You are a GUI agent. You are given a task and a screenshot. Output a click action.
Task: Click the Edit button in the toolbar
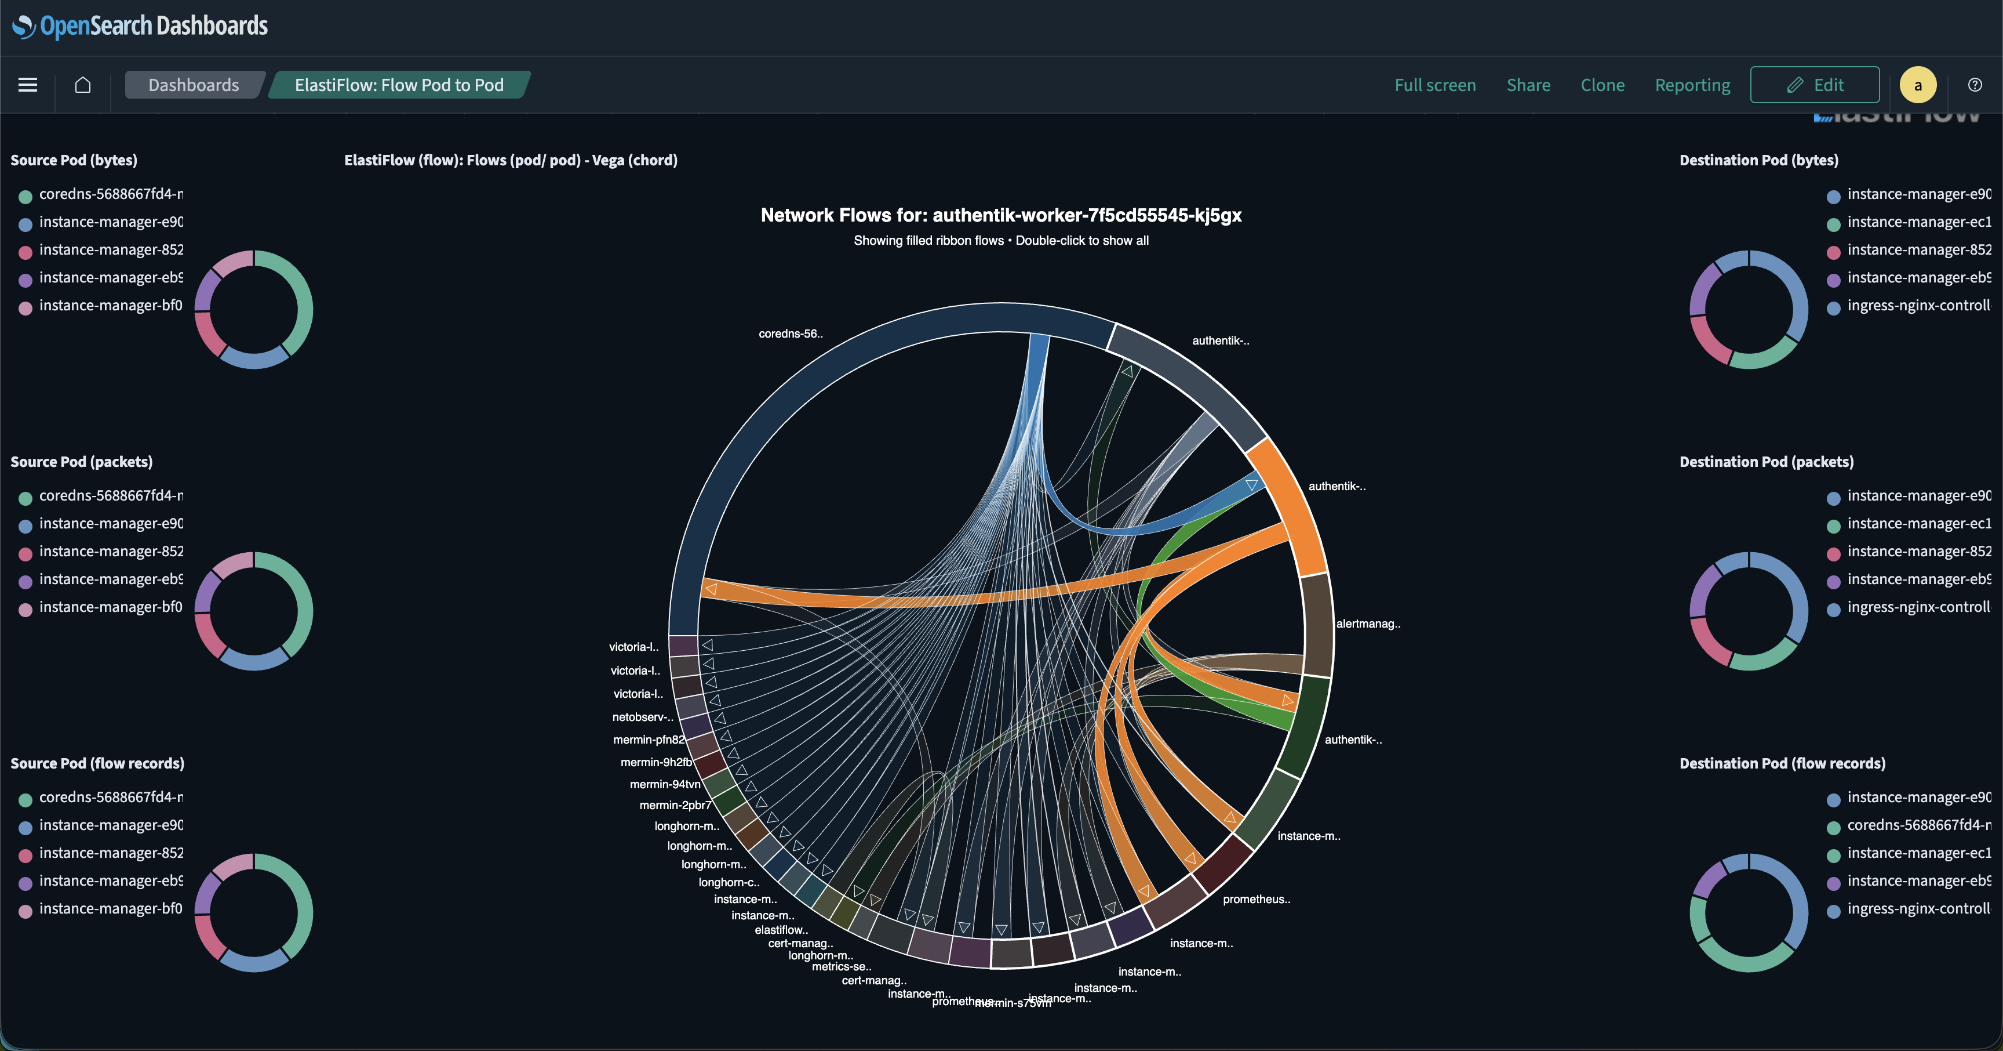1814,85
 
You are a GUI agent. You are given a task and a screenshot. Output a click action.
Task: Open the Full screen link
1434,85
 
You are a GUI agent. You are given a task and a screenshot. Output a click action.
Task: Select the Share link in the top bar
1528,85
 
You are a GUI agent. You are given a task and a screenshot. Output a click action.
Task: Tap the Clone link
1602,85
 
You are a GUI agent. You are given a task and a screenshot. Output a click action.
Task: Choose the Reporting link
1692,85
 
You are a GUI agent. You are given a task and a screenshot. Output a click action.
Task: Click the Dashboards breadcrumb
194,85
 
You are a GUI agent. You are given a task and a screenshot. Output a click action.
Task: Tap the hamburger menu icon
28,85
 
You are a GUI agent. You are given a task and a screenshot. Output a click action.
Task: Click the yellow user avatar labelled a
1917,85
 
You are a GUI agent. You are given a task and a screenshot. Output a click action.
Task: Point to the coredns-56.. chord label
790,334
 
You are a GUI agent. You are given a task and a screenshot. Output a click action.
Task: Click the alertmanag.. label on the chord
1368,624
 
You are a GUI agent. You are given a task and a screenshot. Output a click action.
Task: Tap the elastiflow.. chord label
781,930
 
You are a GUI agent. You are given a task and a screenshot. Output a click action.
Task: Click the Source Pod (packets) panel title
82,461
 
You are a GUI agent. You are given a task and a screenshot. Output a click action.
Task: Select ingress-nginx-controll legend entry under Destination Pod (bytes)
1918,305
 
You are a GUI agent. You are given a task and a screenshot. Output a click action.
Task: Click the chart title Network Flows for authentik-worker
1001,216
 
